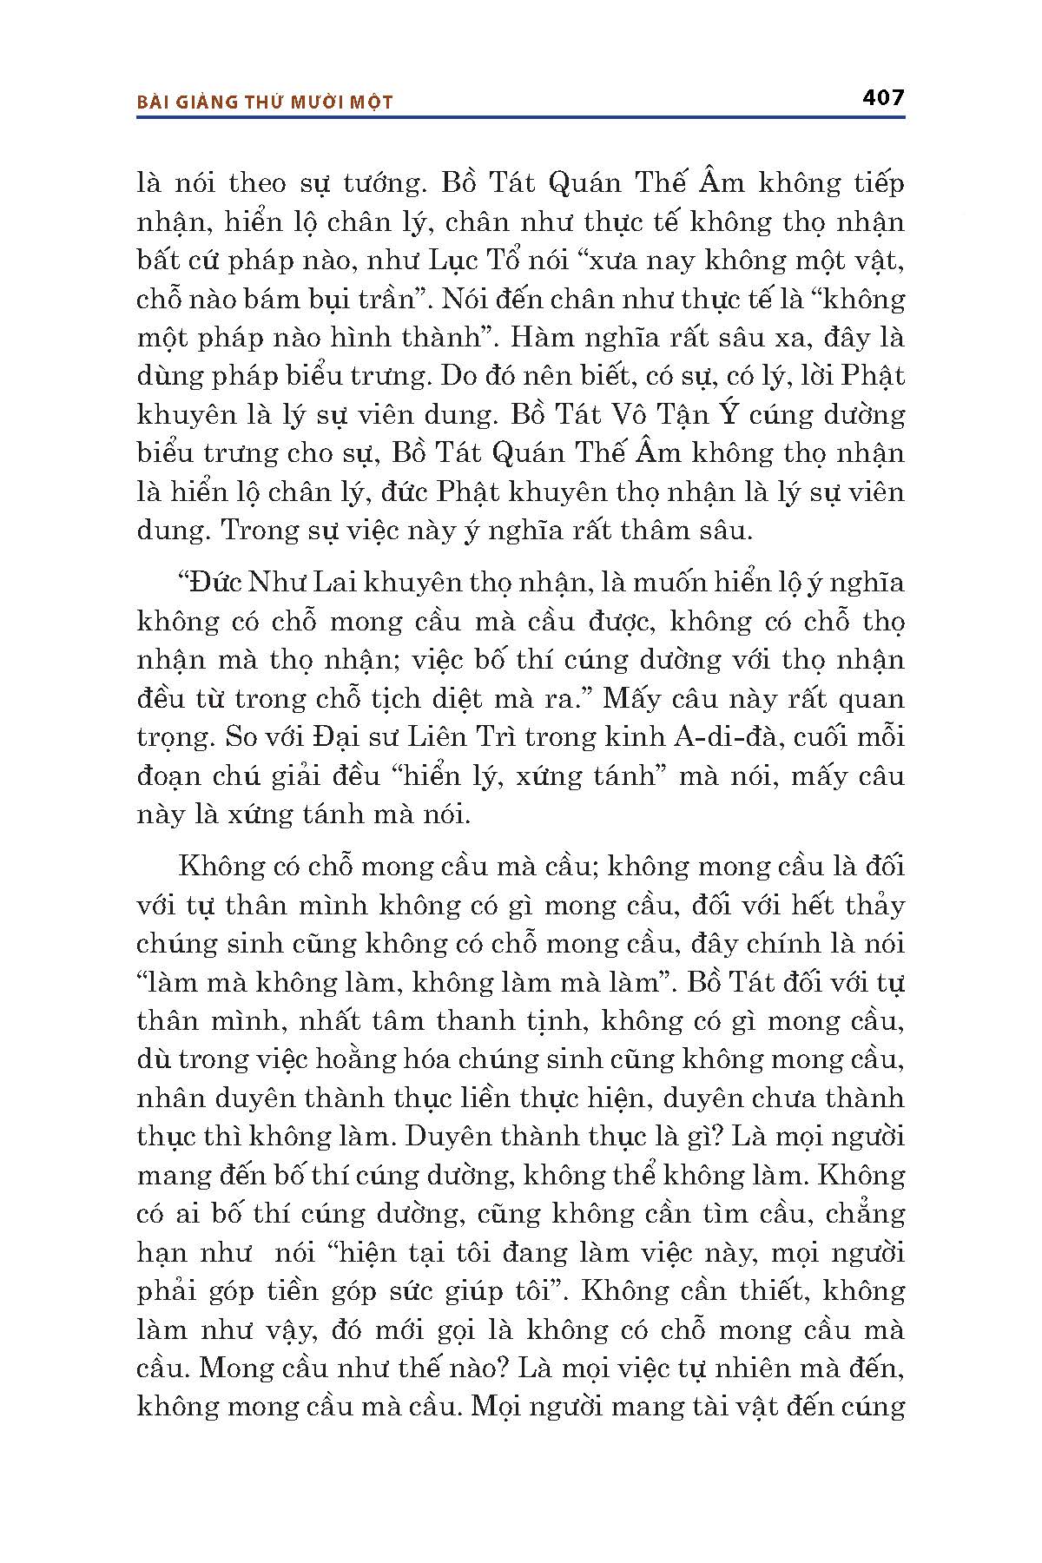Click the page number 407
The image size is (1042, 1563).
click(x=883, y=97)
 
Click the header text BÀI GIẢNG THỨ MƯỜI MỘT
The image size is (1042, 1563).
click(x=265, y=102)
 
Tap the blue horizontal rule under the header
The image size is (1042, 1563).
click(x=521, y=115)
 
